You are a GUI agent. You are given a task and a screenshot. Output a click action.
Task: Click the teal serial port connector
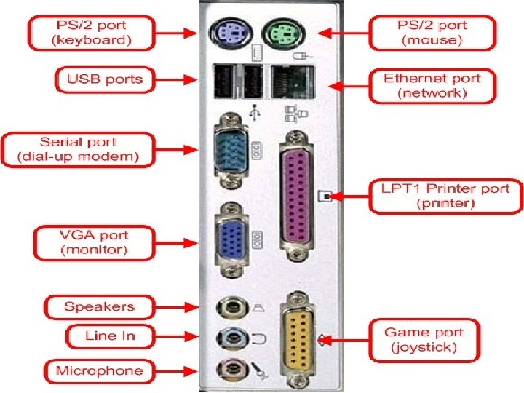click(230, 148)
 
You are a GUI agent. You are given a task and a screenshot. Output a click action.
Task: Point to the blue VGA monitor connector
click(231, 239)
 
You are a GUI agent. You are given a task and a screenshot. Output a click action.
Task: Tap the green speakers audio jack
click(229, 307)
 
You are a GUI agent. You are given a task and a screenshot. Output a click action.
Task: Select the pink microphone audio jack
click(229, 368)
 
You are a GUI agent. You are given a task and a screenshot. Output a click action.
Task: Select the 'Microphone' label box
click(99, 371)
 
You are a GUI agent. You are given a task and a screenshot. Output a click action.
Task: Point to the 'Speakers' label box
click(99, 306)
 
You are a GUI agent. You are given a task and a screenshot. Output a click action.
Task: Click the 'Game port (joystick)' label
click(423, 340)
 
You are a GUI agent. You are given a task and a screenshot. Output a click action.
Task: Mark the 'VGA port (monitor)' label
click(94, 243)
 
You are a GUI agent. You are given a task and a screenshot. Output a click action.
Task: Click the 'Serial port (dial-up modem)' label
click(78, 149)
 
